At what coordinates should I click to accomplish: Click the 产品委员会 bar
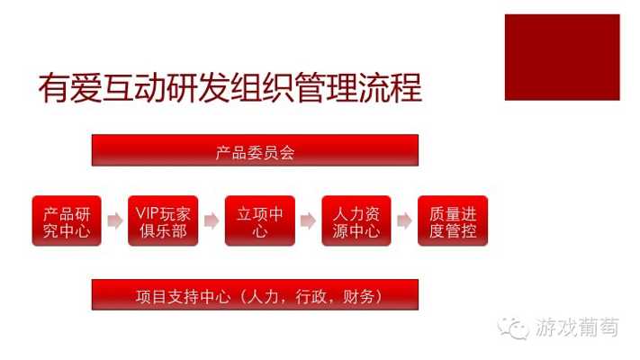click(255, 150)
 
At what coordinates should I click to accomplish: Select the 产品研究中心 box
click(67, 220)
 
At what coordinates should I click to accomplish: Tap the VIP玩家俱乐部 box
click(163, 220)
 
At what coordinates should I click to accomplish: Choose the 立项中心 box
click(260, 220)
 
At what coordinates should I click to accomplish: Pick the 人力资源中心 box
click(356, 220)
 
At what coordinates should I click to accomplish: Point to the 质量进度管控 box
click(453, 220)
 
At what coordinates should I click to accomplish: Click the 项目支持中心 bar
click(255, 294)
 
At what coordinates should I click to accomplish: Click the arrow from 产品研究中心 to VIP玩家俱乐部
click(115, 220)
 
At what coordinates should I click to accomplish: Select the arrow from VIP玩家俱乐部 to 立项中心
click(212, 220)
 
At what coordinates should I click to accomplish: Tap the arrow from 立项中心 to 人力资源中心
click(308, 220)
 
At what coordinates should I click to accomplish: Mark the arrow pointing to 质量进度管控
click(404, 220)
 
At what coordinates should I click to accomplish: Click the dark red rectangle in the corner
click(562, 57)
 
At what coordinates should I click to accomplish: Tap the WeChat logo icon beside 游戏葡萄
click(513, 328)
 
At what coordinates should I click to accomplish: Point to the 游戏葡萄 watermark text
click(577, 328)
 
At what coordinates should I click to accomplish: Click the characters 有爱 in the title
click(69, 88)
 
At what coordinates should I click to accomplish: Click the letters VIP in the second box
click(149, 213)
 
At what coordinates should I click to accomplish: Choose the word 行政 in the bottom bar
click(311, 296)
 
